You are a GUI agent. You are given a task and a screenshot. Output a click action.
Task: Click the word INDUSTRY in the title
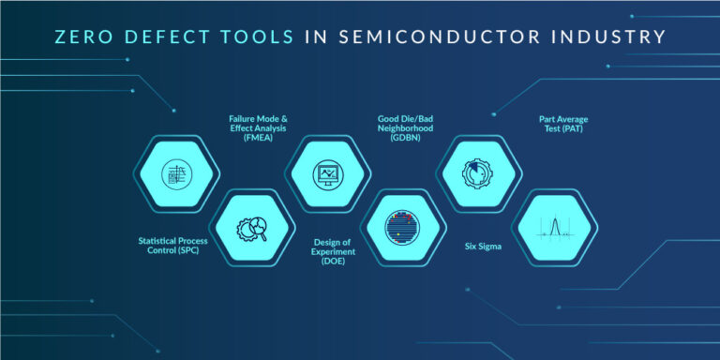coord(608,37)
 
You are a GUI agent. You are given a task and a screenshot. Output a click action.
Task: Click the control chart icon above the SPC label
coord(176,174)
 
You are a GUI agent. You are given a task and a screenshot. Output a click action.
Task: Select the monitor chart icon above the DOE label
coord(329,174)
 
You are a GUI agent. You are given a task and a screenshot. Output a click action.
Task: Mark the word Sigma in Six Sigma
coord(493,247)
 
